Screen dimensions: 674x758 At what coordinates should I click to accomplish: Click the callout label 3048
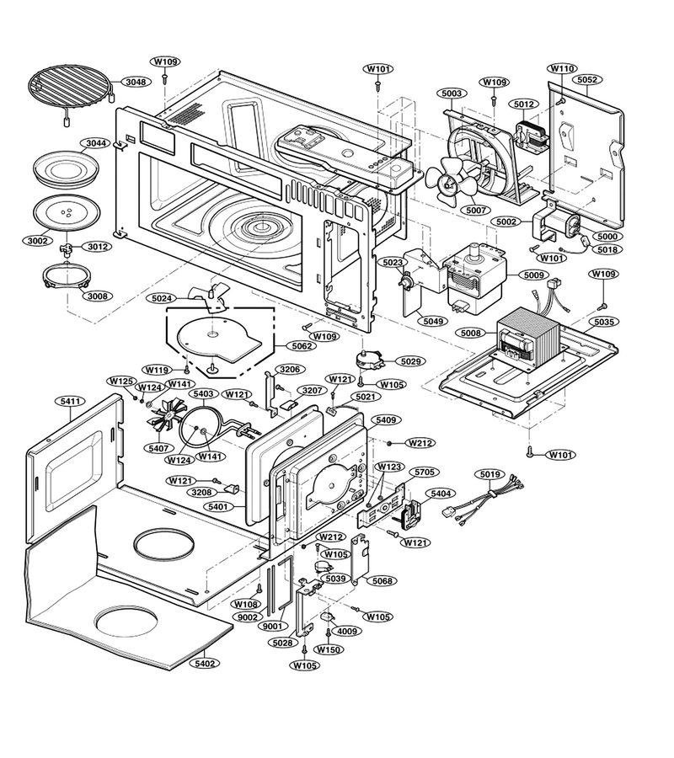click(136, 82)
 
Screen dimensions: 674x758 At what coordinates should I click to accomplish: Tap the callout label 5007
click(476, 211)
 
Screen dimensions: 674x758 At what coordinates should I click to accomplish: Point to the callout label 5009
click(533, 275)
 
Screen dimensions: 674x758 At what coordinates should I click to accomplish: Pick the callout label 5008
click(471, 333)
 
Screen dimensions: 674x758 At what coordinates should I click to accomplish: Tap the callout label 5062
click(302, 346)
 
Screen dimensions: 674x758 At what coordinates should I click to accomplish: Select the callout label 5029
click(410, 361)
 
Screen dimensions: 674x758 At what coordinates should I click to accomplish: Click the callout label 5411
click(70, 401)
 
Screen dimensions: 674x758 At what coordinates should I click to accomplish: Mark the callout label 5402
click(205, 664)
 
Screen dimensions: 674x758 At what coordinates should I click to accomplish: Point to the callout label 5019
click(490, 474)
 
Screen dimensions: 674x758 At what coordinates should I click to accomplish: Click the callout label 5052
click(587, 80)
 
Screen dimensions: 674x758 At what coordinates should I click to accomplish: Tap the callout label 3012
click(98, 247)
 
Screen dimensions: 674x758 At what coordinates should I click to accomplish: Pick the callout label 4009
click(347, 632)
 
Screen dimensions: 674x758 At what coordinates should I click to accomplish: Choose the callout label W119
click(158, 371)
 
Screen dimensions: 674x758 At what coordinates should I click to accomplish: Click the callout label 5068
click(382, 580)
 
